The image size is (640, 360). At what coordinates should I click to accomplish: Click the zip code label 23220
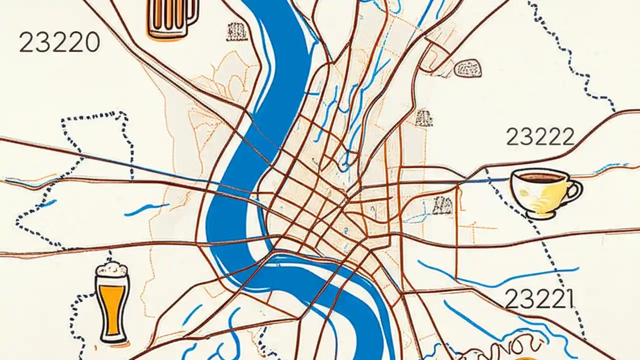click(59, 42)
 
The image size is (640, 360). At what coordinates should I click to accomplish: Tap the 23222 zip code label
click(540, 136)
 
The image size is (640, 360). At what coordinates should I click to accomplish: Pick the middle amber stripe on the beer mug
click(168, 15)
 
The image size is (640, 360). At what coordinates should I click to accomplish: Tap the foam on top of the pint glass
click(111, 269)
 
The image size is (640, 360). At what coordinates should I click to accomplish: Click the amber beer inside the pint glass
click(112, 305)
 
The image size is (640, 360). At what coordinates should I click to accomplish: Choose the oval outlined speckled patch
click(469, 68)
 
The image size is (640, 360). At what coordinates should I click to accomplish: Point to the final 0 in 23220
click(90, 43)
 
